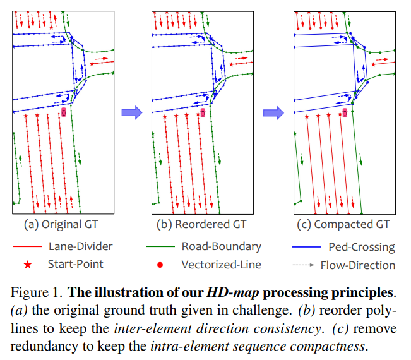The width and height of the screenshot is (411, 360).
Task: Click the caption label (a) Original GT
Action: tap(61, 224)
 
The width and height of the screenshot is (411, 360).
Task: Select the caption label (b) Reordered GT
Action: tap(202, 224)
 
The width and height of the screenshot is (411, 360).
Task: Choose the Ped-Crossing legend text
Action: tap(361, 247)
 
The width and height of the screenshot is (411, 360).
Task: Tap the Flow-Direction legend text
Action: tap(357, 265)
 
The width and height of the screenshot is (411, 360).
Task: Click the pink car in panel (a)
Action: tap(63, 112)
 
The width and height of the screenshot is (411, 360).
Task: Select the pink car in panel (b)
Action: tap(203, 112)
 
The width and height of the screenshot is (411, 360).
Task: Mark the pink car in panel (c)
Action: tap(345, 112)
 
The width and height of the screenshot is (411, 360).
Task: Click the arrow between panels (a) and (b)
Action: tap(131, 112)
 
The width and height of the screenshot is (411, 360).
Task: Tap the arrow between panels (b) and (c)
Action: tap(273, 112)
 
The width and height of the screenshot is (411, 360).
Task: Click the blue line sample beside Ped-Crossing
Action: tap(306, 247)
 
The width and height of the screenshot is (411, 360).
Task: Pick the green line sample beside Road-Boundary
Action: tap(160, 247)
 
